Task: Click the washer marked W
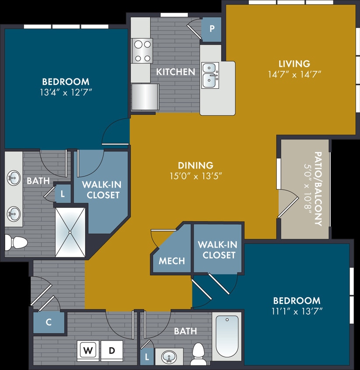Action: point(88,351)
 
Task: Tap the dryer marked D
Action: point(112,351)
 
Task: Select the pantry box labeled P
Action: point(212,29)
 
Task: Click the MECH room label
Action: point(172,261)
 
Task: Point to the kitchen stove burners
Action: point(142,50)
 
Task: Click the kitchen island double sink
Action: point(210,75)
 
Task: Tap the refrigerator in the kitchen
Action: point(145,96)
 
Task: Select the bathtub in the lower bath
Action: point(227,336)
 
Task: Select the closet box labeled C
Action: point(49,323)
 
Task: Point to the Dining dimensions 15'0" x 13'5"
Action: point(195,176)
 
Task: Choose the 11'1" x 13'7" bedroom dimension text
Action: point(296,312)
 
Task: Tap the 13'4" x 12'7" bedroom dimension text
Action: point(66,92)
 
